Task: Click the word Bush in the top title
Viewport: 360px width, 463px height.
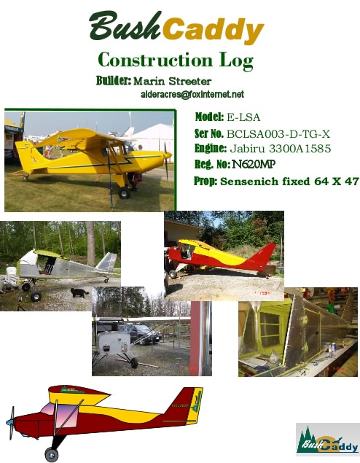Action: (125, 27)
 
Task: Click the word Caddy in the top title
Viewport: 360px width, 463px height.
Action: (213, 30)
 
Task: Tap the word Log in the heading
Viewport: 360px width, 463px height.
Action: (236, 61)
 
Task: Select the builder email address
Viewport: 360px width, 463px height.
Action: (192, 95)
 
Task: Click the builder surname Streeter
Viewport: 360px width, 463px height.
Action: (190, 81)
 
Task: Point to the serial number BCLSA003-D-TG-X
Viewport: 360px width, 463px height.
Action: (278, 134)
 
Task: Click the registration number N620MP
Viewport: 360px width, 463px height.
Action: (254, 164)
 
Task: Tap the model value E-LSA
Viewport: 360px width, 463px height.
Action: (243, 117)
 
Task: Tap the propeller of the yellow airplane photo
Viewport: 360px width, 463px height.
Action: (166, 161)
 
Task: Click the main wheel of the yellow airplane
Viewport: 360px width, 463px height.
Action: (124, 192)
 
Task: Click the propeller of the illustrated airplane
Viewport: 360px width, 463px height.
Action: (11, 423)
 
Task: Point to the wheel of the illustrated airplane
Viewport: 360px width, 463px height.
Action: (51, 455)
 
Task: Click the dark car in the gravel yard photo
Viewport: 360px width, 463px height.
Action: (145, 334)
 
